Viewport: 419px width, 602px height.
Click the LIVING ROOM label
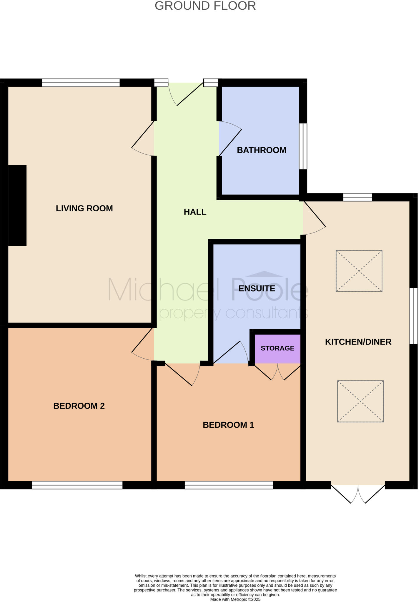84,208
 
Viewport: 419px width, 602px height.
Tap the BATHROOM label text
261,150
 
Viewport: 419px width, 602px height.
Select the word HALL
195,212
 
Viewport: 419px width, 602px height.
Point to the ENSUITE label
257,288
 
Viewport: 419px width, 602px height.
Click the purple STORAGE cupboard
277,349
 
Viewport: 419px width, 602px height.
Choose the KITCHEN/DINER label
358,342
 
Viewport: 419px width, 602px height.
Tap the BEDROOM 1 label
228,425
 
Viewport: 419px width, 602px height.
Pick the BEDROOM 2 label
79,406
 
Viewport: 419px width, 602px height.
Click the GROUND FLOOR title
205,6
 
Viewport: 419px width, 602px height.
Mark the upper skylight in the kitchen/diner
359,271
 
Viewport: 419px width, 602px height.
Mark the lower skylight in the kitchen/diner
360,401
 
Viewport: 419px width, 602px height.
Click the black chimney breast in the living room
17,205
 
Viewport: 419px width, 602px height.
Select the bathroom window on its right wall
303,146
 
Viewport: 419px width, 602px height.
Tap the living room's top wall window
81,83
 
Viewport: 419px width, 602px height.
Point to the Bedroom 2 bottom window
77,485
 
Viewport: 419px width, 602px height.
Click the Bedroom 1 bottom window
229,485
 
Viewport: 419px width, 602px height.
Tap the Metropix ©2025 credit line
235,599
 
